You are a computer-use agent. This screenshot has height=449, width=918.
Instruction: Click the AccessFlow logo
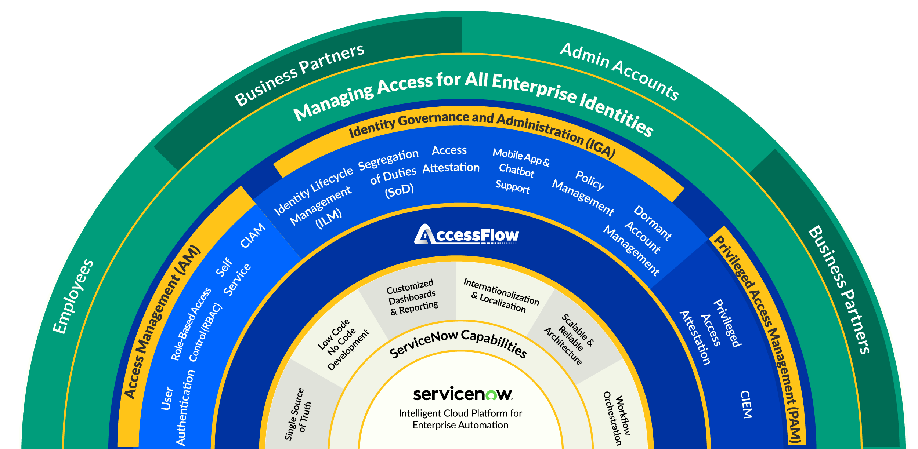pos(466,234)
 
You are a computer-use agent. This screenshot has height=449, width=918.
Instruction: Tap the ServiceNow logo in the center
pos(463,394)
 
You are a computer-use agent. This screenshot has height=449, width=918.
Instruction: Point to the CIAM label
pos(253,235)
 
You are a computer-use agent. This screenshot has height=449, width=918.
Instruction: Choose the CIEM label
pos(746,404)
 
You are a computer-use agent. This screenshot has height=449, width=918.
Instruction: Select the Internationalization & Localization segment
pos(501,295)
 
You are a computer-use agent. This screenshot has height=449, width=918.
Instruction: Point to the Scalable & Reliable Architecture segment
pos(569,339)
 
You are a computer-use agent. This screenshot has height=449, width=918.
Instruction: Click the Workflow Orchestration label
pos(617,418)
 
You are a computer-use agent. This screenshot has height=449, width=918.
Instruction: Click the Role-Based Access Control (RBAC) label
pos(196,325)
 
